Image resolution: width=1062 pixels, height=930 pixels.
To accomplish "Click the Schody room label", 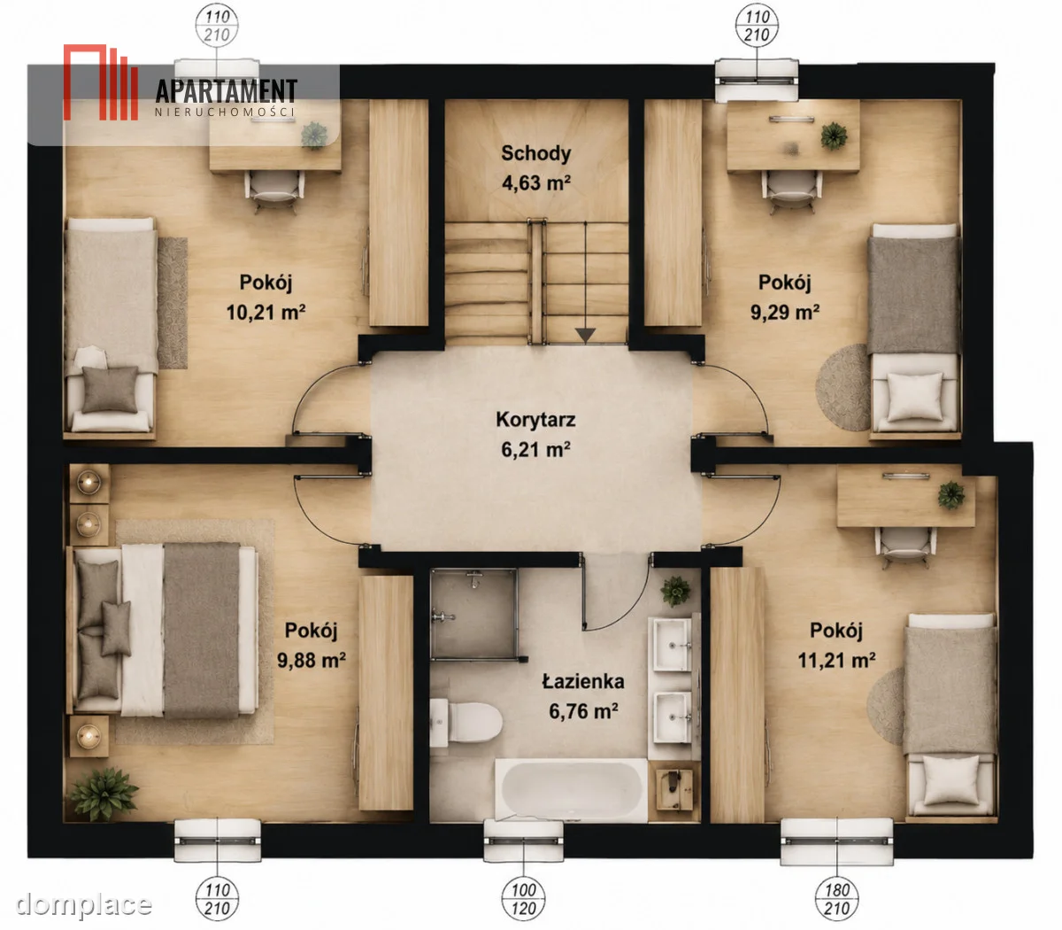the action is (x=535, y=153).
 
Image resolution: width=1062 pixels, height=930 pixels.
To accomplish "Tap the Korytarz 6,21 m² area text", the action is (x=535, y=449).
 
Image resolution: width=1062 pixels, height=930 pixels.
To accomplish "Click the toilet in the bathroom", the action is (x=466, y=722).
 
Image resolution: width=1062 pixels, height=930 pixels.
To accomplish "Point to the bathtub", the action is (x=572, y=790).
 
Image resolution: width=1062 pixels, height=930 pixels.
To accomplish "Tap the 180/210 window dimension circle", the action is (x=836, y=899).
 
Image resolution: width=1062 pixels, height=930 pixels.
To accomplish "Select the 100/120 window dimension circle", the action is (x=523, y=899).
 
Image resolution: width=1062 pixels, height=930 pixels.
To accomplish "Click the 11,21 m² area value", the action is (x=836, y=661).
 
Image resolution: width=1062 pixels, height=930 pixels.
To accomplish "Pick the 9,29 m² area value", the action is (x=785, y=312).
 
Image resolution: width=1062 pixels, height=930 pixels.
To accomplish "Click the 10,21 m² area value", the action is (x=265, y=312).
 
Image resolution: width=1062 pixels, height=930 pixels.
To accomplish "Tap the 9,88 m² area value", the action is (x=311, y=661).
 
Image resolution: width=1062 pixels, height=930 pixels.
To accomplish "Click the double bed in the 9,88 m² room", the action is (x=163, y=630).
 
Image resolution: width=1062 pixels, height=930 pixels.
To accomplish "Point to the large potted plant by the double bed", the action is (x=104, y=794).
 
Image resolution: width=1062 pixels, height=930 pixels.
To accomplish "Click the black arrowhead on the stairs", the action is (x=586, y=335).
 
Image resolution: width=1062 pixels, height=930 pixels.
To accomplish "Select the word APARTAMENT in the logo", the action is (x=227, y=91).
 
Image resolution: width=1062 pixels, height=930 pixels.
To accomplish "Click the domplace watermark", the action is (x=83, y=904).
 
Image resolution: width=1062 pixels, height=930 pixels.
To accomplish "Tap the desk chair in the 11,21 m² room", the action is (x=905, y=547).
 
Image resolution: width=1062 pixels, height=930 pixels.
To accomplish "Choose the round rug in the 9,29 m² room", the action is (x=843, y=387).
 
